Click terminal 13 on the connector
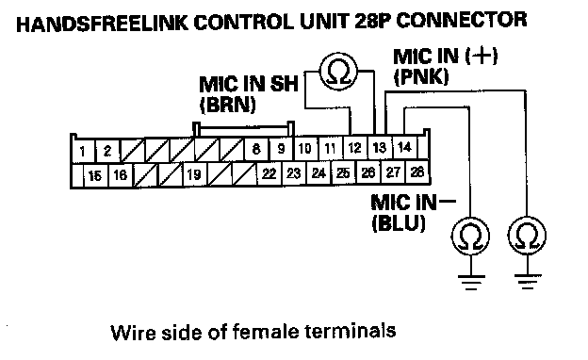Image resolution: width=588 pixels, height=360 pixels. [380, 147]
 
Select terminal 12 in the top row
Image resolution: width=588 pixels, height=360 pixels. [354, 148]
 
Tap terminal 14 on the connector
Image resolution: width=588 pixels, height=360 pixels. [404, 147]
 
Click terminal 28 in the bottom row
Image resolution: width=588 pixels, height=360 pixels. [417, 172]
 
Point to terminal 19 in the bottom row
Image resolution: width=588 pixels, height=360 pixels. [194, 174]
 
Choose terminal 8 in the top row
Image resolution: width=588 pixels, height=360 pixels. [256, 149]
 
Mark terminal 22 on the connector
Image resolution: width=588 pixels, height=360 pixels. [269, 173]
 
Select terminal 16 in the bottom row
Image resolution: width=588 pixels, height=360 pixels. [121, 175]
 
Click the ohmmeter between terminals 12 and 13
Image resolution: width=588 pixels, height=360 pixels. [338, 71]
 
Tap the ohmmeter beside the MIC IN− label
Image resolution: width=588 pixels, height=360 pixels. [470, 237]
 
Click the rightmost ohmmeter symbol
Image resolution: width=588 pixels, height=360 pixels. [527, 236]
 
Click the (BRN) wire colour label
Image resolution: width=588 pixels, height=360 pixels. [228, 105]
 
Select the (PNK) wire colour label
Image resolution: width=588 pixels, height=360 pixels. [421, 77]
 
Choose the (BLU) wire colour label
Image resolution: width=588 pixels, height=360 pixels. [399, 223]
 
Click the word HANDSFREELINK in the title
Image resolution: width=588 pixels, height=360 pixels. [102, 23]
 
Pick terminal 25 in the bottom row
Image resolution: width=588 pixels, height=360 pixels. [343, 172]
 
